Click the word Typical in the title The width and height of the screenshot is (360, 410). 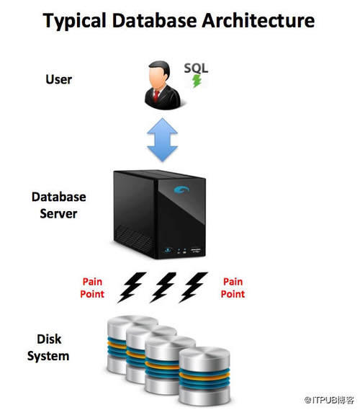point(75,21)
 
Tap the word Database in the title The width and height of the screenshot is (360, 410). point(154,20)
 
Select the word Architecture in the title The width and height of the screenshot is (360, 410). point(258,20)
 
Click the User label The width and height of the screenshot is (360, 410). point(59,79)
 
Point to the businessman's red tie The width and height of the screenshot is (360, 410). point(156,96)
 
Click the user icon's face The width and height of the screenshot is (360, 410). point(158,79)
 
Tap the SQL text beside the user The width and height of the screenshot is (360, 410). point(196,68)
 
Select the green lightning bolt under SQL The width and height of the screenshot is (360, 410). point(197,81)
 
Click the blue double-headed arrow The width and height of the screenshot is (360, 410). point(163,140)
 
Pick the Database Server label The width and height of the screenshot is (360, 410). point(59,205)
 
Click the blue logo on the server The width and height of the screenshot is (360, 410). point(181,190)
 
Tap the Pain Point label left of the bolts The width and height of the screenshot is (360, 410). point(92,288)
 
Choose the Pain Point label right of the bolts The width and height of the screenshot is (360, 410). point(233,288)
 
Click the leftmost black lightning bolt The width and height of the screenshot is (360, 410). point(132,288)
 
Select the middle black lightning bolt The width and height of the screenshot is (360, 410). point(163,288)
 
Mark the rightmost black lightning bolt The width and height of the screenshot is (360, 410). point(193,288)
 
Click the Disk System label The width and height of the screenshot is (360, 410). point(48,348)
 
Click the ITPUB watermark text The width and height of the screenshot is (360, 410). point(329,400)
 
